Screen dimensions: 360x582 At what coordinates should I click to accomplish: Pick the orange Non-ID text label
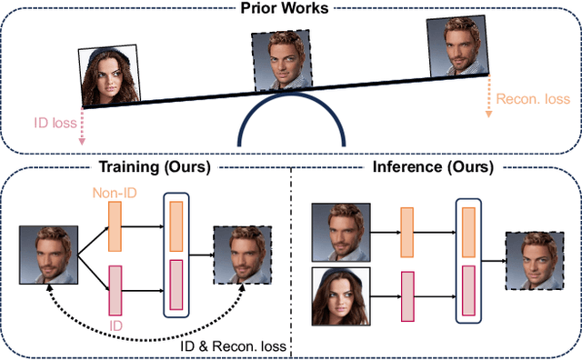pyautogui.click(x=113, y=193)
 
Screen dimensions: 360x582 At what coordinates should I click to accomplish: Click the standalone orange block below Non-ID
pyautogui.click(x=114, y=226)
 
